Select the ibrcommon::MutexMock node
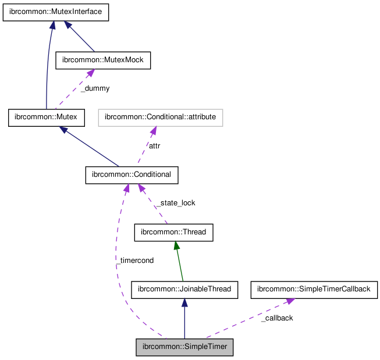(102, 60)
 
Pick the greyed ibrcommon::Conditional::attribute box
(160, 117)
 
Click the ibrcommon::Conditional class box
(132, 174)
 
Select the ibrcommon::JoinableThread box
(184, 289)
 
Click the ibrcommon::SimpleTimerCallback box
(314, 289)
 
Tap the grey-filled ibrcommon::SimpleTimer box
(184, 347)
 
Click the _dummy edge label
(95, 88)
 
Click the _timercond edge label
(134, 261)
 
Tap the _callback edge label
(276, 318)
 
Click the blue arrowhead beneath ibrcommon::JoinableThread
(184, 303)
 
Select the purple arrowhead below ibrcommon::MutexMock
(90, 73)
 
